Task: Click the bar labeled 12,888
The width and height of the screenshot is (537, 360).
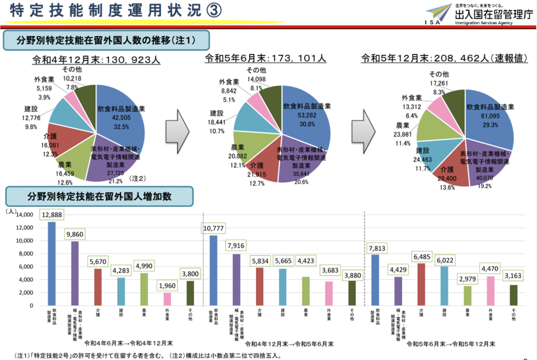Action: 52,263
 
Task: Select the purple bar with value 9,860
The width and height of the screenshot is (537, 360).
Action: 75,273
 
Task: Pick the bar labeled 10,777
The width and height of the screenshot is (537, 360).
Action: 213,270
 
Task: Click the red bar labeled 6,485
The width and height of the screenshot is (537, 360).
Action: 422,284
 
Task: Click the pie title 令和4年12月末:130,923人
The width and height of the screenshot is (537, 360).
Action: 96,58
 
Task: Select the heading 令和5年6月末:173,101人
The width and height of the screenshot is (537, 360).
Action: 266,58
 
